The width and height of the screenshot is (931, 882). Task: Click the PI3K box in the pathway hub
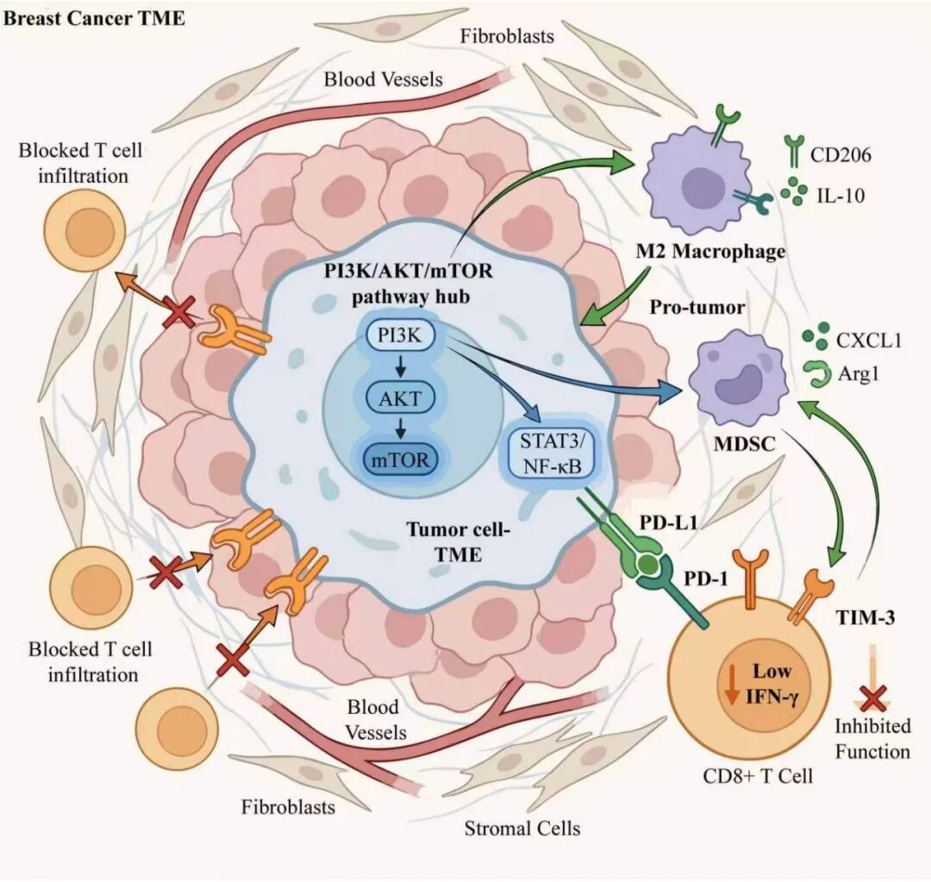pos(400,336)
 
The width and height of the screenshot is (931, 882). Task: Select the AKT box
pos(400,398)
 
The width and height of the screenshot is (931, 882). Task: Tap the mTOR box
pos(400,460)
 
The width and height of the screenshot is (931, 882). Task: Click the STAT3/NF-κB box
pos(553,455)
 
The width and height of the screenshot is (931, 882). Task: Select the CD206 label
pos(840,155)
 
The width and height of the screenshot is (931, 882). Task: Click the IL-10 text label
pos(840,196)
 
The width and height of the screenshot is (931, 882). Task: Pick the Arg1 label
pos(859,374)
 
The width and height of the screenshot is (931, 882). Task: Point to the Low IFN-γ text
pos(772,683)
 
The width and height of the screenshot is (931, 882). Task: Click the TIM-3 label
pos(865,618)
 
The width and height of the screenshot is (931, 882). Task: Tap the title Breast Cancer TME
pos(95,18)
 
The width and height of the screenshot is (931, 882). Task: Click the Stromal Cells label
pos(522,828)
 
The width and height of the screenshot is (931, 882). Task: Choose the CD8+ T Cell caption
pos(758,776)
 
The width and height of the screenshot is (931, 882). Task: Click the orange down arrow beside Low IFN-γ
pos(732,683)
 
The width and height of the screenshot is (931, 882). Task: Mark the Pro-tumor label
pos(697,307)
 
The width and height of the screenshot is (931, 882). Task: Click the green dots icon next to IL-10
pos(795,191)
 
